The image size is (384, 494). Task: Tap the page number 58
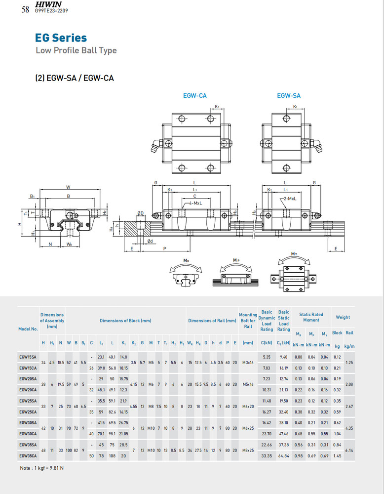pyautogui.click(x=26, y=9)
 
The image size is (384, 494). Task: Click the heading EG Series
pyautogui.click(x=61, y=38)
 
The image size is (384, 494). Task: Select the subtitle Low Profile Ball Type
pyautogui.click(x=76, y=50)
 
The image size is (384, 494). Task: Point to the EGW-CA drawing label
pyautogui.click(x=194, y=96)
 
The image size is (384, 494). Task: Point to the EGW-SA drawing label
pyautogui.click(x=288, y=96)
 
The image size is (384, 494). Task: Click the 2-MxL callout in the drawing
pyautogui.click(x=290, y=198)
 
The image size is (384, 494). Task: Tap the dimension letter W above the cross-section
pyautogui.click(x=68, y=187)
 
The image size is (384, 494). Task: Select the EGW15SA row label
pyautogui.click(x=28, y=357)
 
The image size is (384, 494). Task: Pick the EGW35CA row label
pyautogui.click(x=28, y=455)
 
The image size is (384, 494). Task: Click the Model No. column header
pyautogui.click(x=28, y=329)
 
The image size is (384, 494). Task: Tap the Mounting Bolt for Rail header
pyautogui.click(x=248, y=320)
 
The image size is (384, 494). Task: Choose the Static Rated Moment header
pyautogui.click(x=311, y=317)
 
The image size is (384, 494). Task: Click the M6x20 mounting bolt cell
pyautogui.click(x=248, y=406)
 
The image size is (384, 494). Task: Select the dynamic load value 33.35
pyautogui.click(x=267, y=455)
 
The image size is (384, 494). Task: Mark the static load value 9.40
pyautogui.click(x=284, y=357)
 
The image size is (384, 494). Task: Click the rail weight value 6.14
pyautogui.click(x=349, y=450)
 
